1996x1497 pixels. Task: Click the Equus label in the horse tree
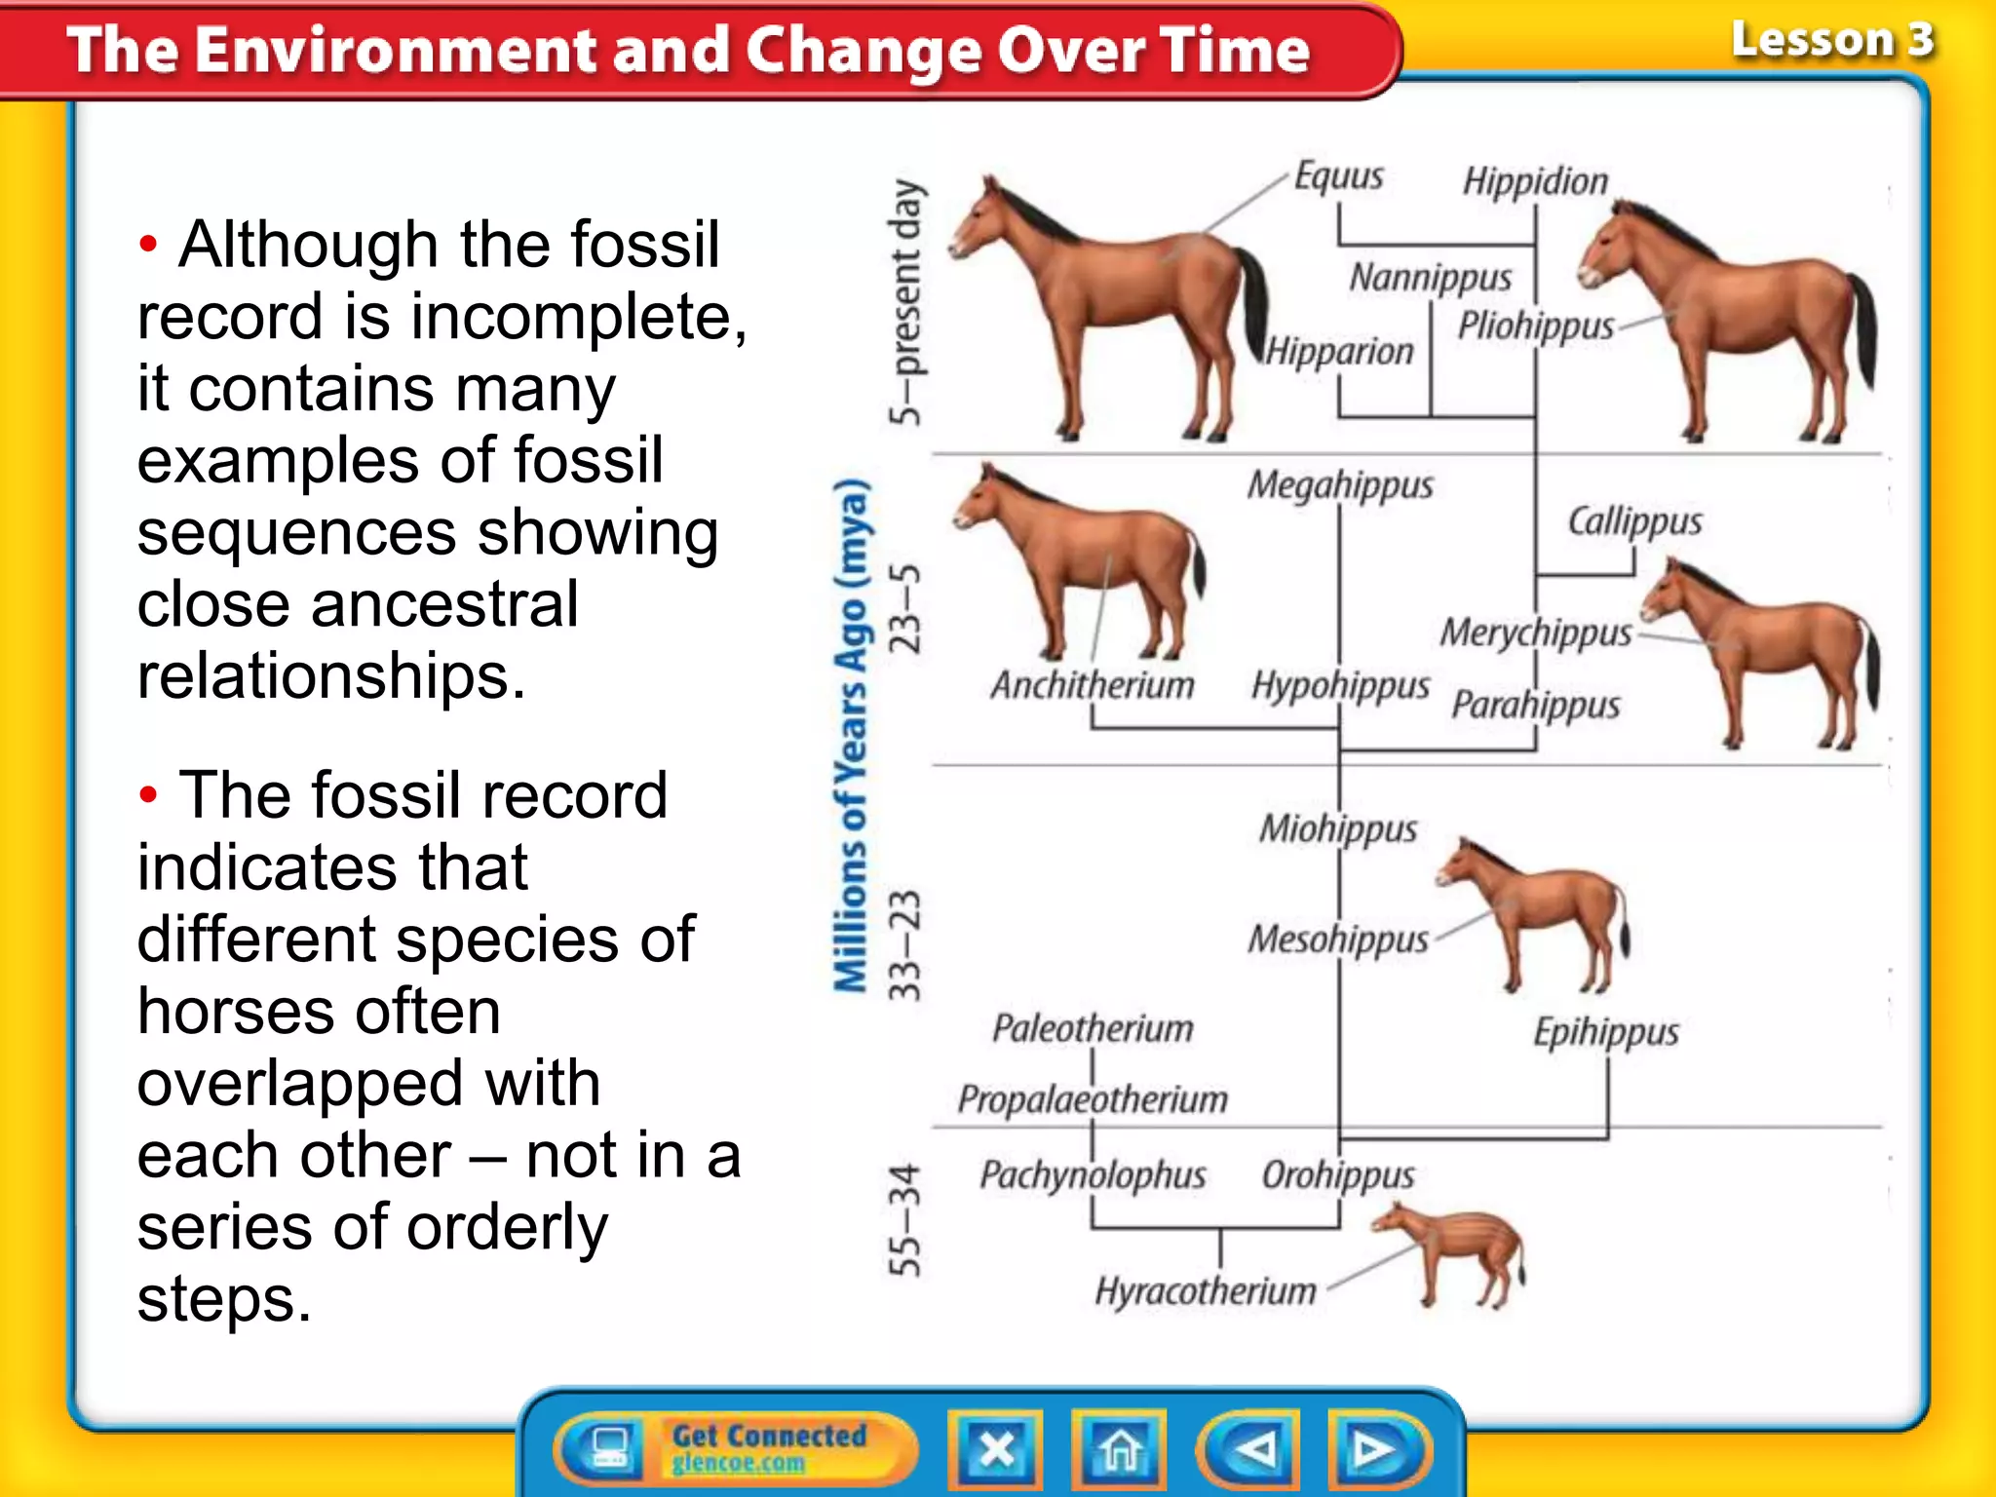1338,176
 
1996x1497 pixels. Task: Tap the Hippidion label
1535,181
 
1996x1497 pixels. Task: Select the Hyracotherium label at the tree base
1206,1291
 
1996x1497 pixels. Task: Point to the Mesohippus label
1338,940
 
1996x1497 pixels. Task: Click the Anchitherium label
1093,685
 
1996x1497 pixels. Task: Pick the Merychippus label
1536,633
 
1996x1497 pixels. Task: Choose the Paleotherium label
1093,1028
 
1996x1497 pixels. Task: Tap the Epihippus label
1606,1031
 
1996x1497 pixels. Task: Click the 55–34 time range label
905,1219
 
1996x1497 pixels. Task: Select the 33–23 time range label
905,944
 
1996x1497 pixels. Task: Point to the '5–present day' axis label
905,302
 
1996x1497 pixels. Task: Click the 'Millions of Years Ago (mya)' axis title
851,736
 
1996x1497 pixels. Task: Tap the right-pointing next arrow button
1375,1449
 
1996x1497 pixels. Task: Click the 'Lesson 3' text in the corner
1832,41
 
